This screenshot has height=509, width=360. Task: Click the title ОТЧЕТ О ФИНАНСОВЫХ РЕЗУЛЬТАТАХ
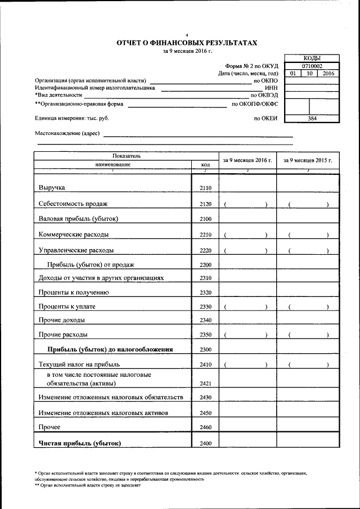pos(187,42)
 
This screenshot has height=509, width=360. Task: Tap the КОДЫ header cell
pos(312,58)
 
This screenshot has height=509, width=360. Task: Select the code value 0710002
pos(312,66)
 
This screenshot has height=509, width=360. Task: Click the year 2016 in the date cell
pos(328,74)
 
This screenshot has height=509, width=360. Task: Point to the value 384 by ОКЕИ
pos(312,119)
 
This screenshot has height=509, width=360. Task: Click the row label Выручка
pos(52,187)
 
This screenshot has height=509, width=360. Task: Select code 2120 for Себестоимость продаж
pos(205,204)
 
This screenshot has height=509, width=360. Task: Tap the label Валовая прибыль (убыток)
pos(78,218)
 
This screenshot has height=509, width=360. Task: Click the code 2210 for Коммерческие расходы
pos(205,234)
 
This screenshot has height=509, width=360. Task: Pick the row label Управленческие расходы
pos(76,249)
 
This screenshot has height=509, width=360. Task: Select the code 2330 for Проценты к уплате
pos(205,307)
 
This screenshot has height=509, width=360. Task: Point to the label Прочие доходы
pos(62,320)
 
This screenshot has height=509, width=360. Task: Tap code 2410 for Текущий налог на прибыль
pos(205,364)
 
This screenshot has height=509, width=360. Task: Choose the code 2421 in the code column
pos(205,384)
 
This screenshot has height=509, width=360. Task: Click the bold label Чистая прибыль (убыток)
pos(79,443)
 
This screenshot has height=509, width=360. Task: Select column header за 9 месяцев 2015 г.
pos(308,160)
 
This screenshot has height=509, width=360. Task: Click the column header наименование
pos(112,164)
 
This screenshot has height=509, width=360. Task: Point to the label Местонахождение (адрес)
pos(67,134)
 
